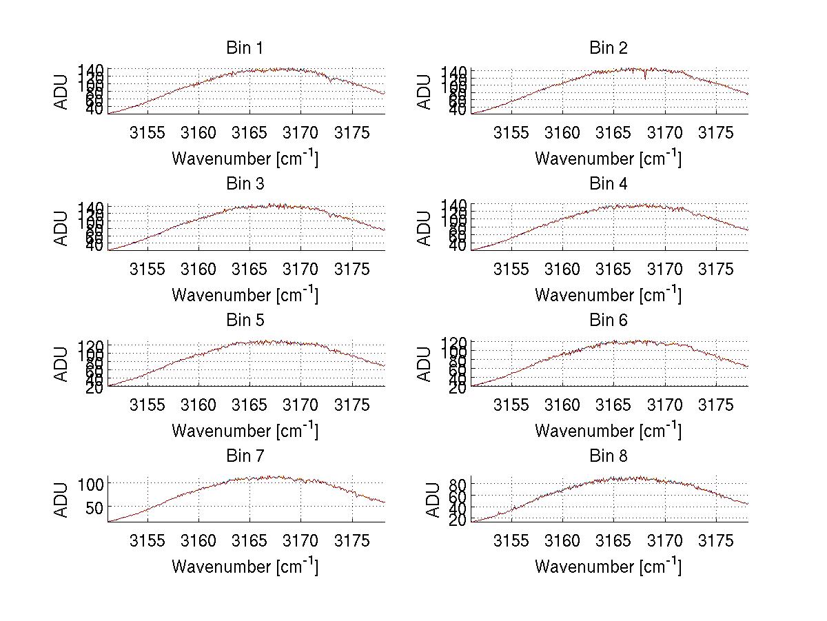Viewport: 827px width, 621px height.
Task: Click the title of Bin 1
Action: click(x=245, y=48)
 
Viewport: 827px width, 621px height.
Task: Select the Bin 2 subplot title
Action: click(x=609, y=48)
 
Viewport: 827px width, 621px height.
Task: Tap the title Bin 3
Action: click(x=245, y=184)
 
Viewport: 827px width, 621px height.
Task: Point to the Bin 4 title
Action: click(x=609, y=184)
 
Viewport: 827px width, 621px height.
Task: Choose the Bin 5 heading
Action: click(x=245, y=320)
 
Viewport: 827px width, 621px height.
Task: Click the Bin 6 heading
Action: click(x=609, y=320)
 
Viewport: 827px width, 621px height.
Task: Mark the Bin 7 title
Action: click(x=245, y=456)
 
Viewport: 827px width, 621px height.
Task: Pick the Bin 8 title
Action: click(x=609, y=456)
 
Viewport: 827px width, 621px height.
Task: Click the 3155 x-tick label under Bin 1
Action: click(x=147, y=133)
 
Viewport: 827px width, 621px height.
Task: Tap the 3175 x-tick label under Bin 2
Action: click(x=716, y=133)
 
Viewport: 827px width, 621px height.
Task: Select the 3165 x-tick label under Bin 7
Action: click(x=249, y=541)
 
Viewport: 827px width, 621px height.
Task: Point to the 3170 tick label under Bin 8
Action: click(x=665, y=541)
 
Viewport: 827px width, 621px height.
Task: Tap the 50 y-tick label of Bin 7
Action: click(x=96, y=507)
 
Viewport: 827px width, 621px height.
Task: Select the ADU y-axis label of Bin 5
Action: click(x=62, y=363)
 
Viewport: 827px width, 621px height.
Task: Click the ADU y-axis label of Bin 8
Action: click(x=433, y=500)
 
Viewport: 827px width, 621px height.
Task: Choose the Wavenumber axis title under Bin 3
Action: click(x=245, y=294)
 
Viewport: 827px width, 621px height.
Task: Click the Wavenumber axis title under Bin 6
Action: click(x=609, y=430)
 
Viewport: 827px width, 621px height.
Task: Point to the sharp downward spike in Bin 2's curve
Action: click(x=645, y=77)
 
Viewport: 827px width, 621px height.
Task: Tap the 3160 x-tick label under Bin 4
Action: click(x=562, y=269)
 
